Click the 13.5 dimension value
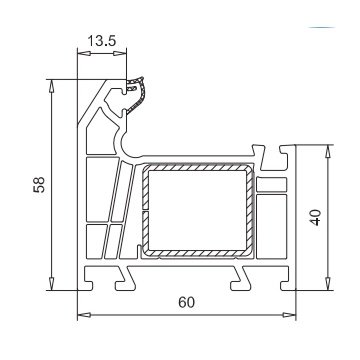pos(101,41)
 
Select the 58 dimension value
pos(39,184)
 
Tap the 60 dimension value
pos(186,302)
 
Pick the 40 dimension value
pos(315,217)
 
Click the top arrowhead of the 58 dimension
pos(51,86)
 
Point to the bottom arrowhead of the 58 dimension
pos(51,284)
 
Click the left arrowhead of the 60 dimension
pos(84,315)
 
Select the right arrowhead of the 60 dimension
pos(289,315)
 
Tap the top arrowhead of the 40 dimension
pos(328,151)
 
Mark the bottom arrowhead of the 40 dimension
pos(328,284)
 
